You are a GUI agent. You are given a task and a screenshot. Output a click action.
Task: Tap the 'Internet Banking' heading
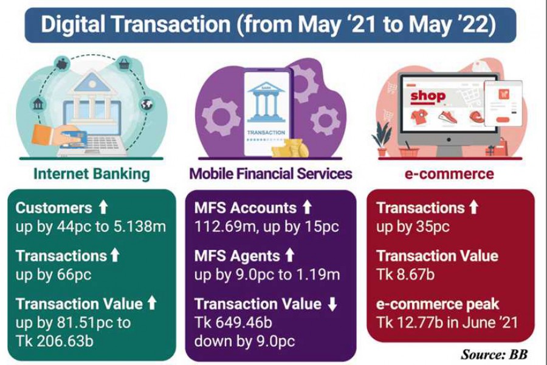click(x=91, y=174)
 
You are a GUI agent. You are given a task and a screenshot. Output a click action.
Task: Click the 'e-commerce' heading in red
click(x=449, y=174)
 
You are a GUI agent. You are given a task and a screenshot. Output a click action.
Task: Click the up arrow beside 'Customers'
click(x=103, y=208)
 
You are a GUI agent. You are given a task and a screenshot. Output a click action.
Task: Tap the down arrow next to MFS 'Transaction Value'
click(x=332, y=304)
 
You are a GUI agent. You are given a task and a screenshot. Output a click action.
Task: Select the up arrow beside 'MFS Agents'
click(x=290, y=256)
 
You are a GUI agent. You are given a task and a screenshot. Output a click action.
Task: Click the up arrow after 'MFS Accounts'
click(x=307, y=208)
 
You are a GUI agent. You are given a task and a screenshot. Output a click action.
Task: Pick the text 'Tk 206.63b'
click(x=55, y=340)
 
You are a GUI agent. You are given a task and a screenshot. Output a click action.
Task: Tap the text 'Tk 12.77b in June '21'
click(x=447, y=322)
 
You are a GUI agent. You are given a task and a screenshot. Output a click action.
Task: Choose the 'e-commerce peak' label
click(x=438, y=304)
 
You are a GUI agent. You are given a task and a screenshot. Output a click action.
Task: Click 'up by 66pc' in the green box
click(x=53, y=274)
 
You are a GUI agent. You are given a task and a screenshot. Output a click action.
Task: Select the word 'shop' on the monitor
click(x=428, y=96)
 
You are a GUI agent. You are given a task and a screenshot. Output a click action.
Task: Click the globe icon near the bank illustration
click(x=146, y=104)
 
